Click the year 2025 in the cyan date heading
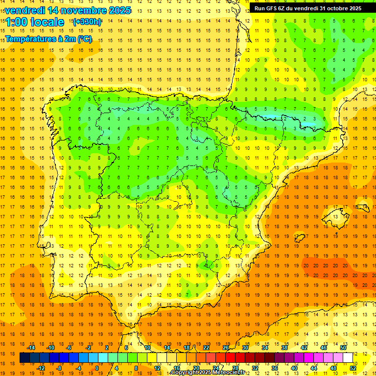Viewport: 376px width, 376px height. click(x=117, y=10)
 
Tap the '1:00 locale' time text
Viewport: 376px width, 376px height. click(x=35, y=22)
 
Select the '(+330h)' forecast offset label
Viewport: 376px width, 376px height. click(x=87, y=22)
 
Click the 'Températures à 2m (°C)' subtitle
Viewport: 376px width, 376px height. click(x=48, y=39)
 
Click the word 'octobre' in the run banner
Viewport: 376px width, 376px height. click(x=334, y=8)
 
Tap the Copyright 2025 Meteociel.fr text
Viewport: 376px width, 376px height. click(x=211, y=373)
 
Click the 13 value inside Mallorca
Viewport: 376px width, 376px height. click(x=335, y=216)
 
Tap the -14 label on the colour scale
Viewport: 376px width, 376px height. click(x=31, y=348)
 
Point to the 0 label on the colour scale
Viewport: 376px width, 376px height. click(x=97, y=368)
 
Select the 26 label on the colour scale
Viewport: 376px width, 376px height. click(x=226, y=348)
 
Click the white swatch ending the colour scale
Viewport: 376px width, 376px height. click(x=348, y=358)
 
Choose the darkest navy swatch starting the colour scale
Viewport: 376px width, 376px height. click(x=24, y=358)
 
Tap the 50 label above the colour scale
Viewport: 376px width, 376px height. click(x=343, y=348)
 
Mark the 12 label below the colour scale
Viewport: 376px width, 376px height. click(x=158, y=368)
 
